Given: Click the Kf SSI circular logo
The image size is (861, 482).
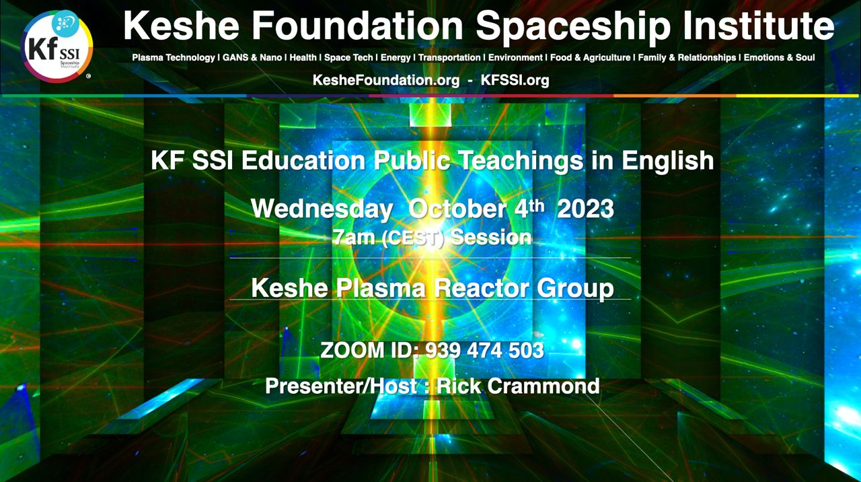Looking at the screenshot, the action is [57, 46].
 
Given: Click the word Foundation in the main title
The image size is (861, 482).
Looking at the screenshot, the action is [357, 26].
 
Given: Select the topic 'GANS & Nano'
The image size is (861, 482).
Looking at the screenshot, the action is [252, 58].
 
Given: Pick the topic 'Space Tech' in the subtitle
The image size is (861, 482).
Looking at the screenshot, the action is [348, 58].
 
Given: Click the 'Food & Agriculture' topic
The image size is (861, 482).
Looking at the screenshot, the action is [591, 58].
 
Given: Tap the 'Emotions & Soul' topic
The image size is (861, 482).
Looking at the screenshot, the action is [779, 58].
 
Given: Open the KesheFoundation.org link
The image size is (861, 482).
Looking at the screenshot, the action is [386, 80].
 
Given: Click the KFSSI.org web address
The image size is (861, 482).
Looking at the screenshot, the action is [515, 80].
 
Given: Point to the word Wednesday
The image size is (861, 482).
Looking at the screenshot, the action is [322, 209].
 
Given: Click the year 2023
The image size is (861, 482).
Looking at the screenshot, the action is [585, 209].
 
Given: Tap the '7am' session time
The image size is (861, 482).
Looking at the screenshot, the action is [354, 238].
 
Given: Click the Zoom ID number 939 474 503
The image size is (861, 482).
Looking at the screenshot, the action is [484, 351].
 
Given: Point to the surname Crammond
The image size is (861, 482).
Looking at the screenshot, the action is [544, 386].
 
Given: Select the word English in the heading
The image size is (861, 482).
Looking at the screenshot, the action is [668, 161].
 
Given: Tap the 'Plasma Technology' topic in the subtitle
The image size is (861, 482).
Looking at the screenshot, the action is [174, 58].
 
